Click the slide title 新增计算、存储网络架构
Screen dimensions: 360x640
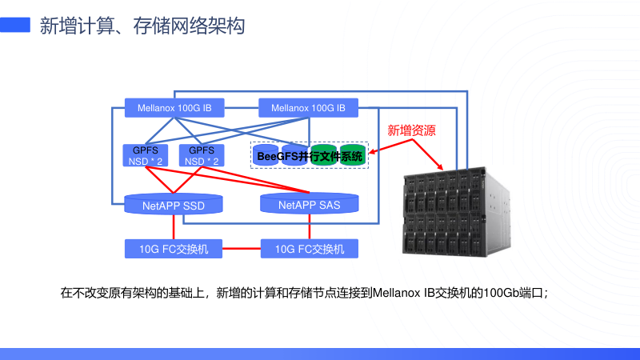[x=142, y=26]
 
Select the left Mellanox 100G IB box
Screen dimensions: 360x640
[x=174, y=107]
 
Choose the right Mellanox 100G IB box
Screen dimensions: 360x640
[x=308, y=107]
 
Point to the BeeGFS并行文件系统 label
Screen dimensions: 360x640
[x=310, y=156]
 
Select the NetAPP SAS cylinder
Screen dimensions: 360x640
[x=309, y=205]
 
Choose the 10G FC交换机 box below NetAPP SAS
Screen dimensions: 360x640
[x=309, y=249]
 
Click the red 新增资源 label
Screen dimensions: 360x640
[x=411, y=130]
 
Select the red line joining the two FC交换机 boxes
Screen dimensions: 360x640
[x=242, y=249]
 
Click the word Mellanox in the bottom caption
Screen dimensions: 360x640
[x=399, y=293]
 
